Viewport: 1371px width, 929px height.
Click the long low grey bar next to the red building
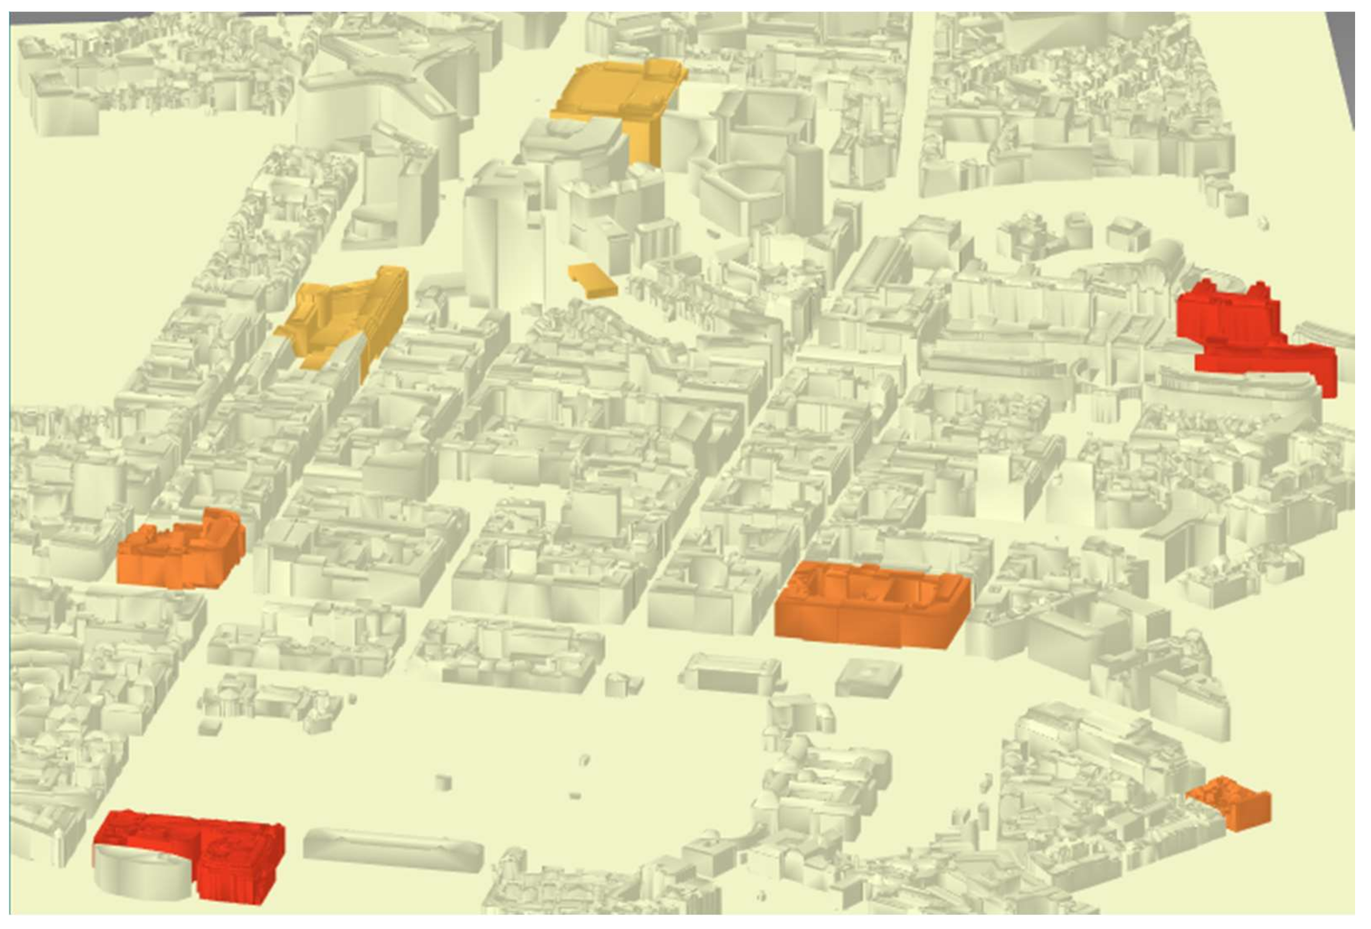click(x=392, y=850)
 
